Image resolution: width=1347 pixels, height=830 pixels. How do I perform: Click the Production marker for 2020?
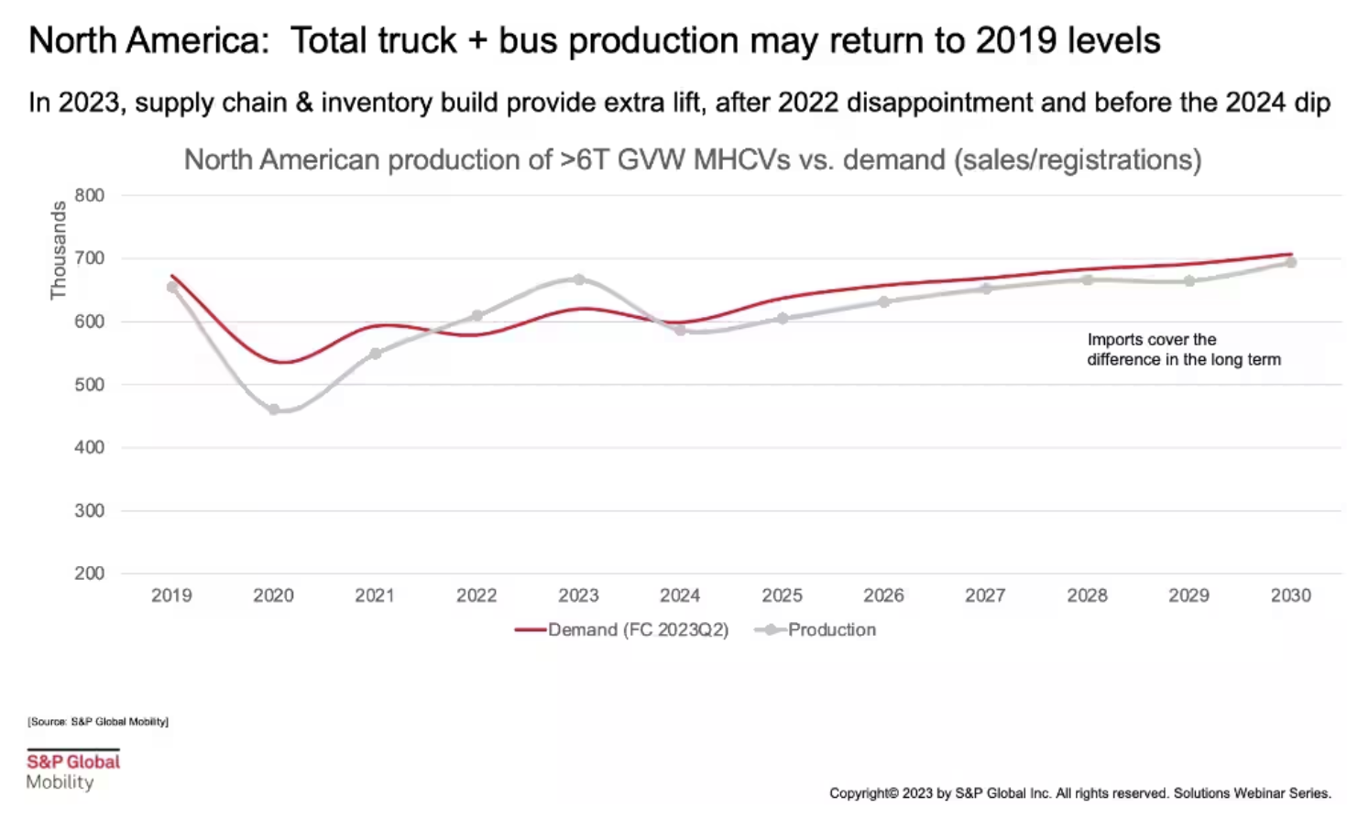(x=274, y=410)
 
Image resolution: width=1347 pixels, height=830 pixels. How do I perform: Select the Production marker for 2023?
(x=579, y=279)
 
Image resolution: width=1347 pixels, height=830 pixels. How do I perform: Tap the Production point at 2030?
(x=1290, y=262)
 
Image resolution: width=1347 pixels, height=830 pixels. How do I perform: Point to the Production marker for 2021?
(x=376, y=354)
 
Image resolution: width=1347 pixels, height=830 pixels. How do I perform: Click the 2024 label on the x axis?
(x=680, y=595)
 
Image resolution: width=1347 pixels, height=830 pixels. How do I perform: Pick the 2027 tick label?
(x=985, y=595)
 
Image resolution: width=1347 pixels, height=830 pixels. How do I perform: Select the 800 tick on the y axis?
(x=90, y=195)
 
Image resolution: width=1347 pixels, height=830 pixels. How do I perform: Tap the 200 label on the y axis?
(x=90, y=573)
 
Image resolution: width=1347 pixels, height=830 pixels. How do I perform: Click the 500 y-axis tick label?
(x=90, y=385)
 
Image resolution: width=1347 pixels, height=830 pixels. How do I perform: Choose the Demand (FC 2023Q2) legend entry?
(x=623, y=630)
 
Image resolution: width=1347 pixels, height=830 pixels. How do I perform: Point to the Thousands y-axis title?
(x=59, y=250)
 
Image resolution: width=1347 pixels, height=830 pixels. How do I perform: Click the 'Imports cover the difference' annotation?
(x=1183, y=349)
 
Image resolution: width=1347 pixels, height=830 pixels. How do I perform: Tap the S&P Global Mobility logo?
(x=73, y=770)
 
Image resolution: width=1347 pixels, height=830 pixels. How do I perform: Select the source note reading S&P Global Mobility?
(x=98, y=722)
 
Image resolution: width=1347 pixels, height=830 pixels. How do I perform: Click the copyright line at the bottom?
(x=1079, y=793)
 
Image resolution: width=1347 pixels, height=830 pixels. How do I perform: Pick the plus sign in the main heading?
(x=477, y=41)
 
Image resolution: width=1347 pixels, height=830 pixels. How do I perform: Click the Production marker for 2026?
(x=884, y=301)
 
